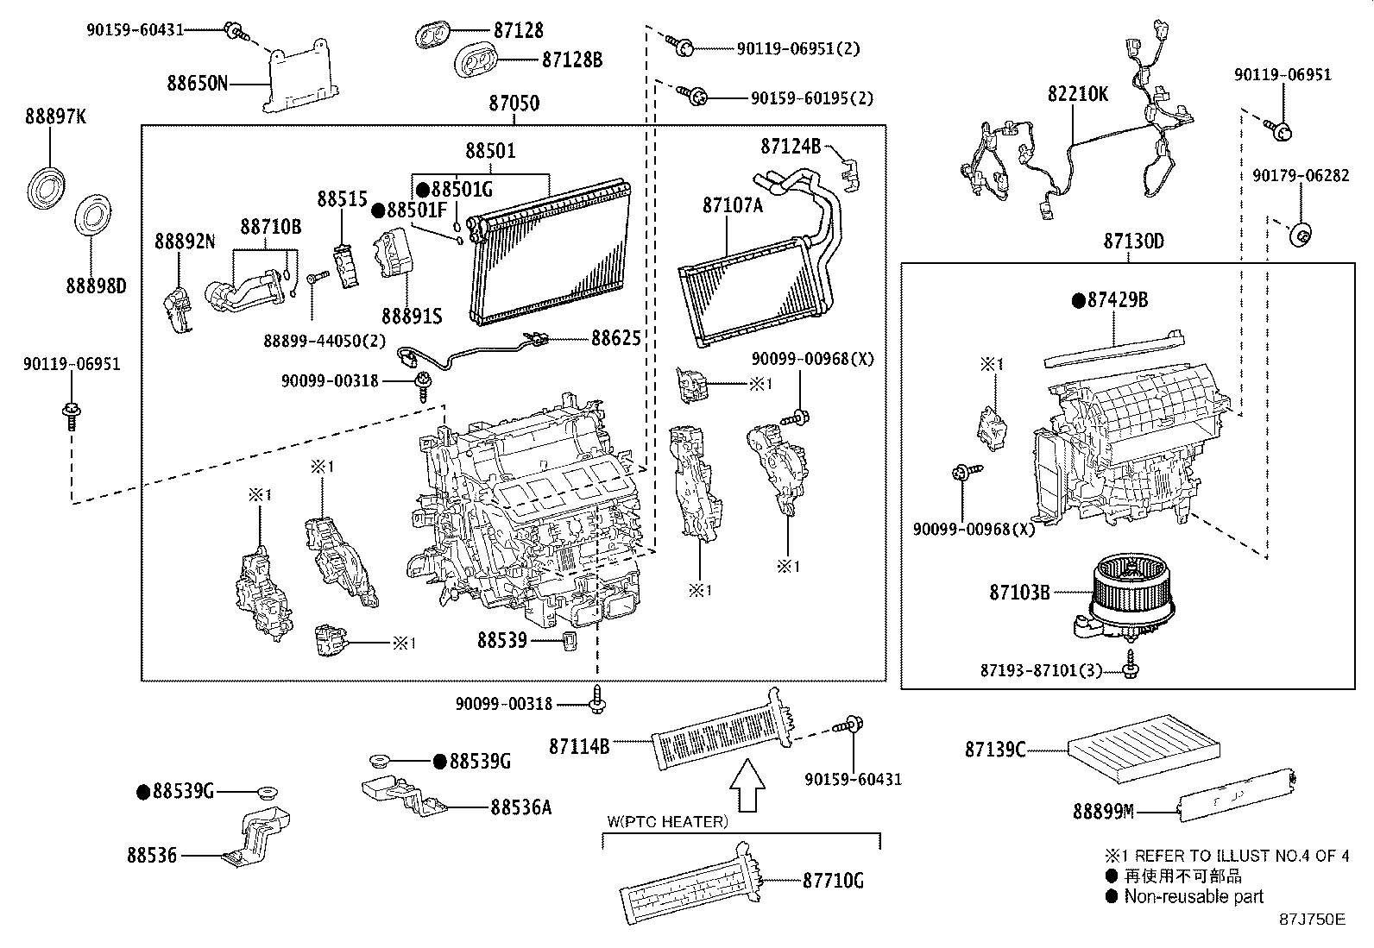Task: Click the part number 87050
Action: (x=514, y=104)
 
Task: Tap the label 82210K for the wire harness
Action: (x=1078, y=94)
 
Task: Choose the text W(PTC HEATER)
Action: (x=667, y=821)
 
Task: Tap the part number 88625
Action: (x=615, y=337)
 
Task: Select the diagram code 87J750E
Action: (x=1312, y=919)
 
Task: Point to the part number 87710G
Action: (x=833, y=880)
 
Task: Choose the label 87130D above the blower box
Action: (x=1133, y=242)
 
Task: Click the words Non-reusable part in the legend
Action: (x=1193, y=896)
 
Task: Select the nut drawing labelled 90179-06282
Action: (x=1300, y=234)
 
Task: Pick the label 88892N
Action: (x=185, y=242)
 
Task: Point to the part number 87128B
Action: (x=572, y=60)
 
